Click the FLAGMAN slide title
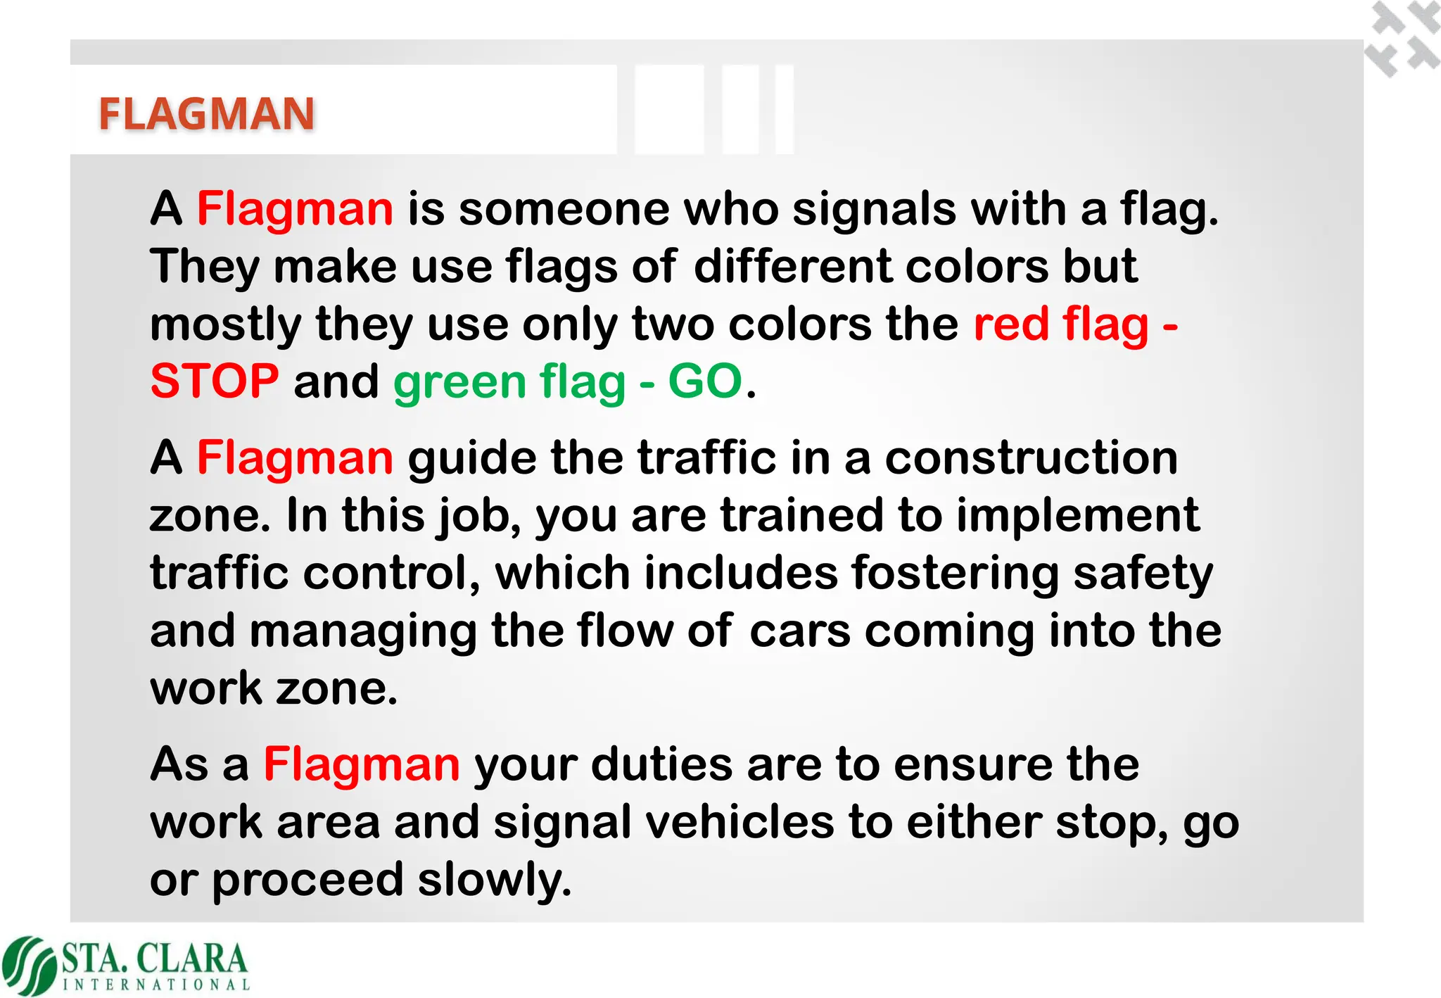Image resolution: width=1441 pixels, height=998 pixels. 206,114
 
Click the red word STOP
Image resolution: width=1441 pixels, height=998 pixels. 215,381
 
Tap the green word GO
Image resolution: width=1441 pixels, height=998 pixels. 705,381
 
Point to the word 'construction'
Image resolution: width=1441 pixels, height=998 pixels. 1031,458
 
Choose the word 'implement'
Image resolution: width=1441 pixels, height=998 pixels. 1077,516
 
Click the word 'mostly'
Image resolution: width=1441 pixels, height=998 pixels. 226,325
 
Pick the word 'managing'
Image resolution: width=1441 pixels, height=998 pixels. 363,631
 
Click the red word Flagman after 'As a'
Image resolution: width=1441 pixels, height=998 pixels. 362,764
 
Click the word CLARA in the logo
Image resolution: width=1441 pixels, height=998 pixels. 191,959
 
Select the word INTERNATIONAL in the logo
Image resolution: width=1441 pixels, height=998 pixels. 156,985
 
